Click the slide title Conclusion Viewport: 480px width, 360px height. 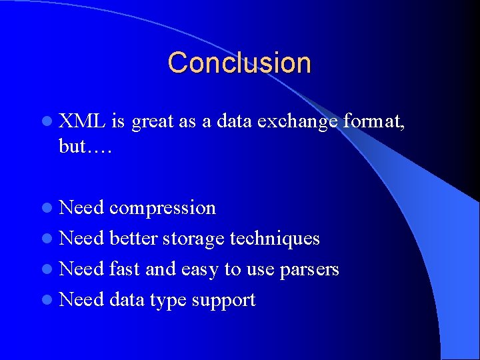pyautogui.click(x=239, y=63)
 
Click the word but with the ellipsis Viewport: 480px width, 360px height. pyautogui.click(x=85, y=147)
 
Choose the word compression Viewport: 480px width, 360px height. pyautogui.click(x=163, y=209)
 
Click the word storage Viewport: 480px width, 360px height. pyautogui.click(x=193, y=239)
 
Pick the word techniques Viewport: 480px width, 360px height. pyautogui.click(x=275, y=239)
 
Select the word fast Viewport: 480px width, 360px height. pyautogui.click(x=125, y=269)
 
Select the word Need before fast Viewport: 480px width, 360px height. pyautogui.click(x=81, y=269)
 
